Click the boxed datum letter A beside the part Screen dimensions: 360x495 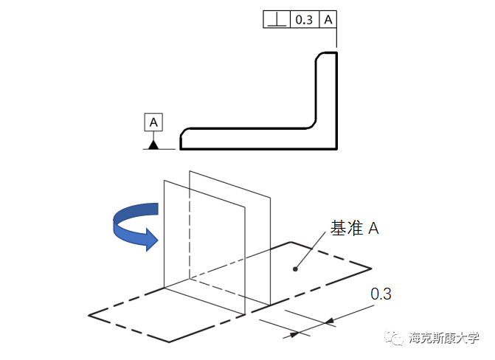point(153,122)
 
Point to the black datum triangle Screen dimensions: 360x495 point(153,145)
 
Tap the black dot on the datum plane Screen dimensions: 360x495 point(295,269)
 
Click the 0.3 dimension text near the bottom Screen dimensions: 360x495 point(381,294)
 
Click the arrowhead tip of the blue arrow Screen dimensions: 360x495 point(157,238)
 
